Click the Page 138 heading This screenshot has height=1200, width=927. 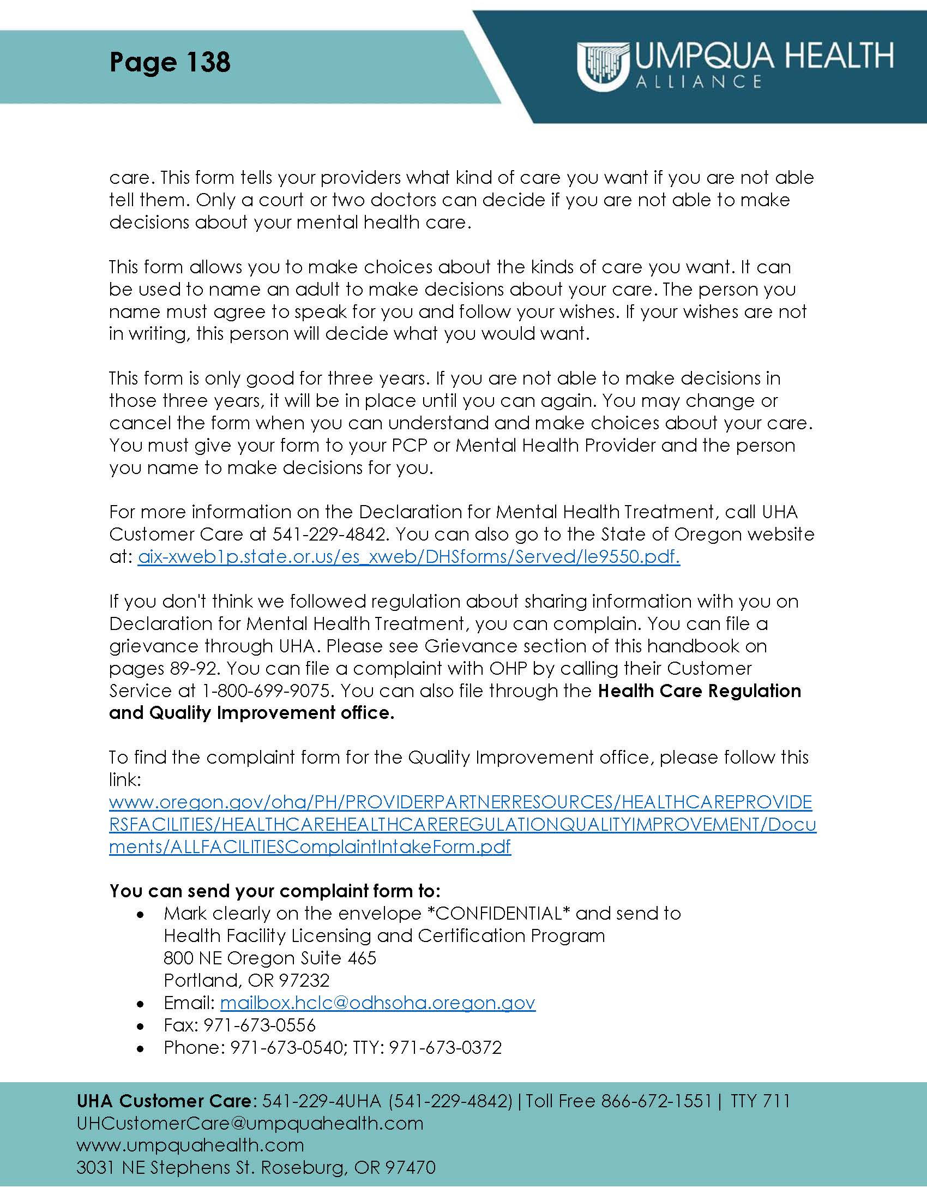pos(170,62)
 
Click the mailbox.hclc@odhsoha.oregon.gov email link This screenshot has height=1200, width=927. pos(377,1003)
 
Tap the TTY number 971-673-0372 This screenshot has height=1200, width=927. pos(446,1048)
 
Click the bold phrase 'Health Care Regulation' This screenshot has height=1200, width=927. pos(699,691)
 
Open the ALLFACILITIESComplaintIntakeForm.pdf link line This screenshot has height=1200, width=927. pos(310,847)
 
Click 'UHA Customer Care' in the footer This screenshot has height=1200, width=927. pos(164,1101)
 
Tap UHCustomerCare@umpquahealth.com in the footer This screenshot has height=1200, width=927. pos(250,1123)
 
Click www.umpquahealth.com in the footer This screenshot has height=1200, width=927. pos(190,1145)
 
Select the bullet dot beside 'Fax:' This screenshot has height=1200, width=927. pos(141,1027)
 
